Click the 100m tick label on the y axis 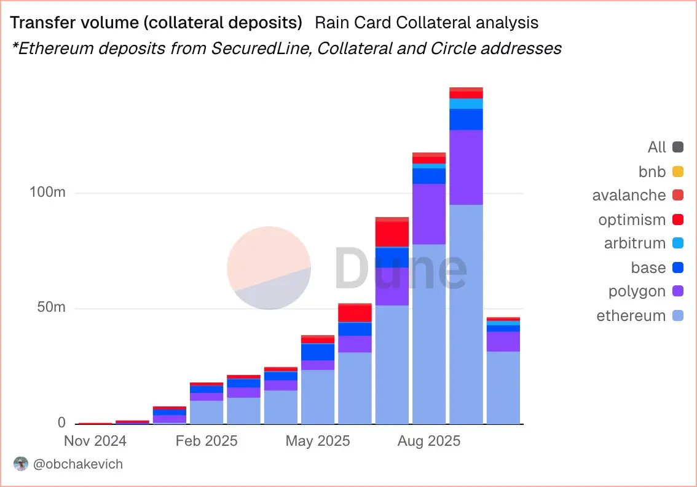tap(48, 193)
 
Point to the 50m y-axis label tap(50, 308)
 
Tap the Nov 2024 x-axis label tap(95, 441)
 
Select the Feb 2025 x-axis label tap(207, 441)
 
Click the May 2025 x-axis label tap(318, 441)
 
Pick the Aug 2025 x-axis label tap(429, 441)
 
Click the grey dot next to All tap(678, 147)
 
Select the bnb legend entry tap(652, 171)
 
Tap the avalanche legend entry tap(629, 195)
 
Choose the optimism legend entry tap(632, 220)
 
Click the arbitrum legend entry tap(635, 244)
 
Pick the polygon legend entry tap(637, 291)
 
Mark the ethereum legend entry tap(631, 316)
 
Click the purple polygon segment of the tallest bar tap(466, 167)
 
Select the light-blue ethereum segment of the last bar tap(503, 387)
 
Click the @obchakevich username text tap(78, 464)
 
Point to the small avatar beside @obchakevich tap(21, 464)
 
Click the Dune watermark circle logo tap(269, 268)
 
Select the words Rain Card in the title tap(353, 23)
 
